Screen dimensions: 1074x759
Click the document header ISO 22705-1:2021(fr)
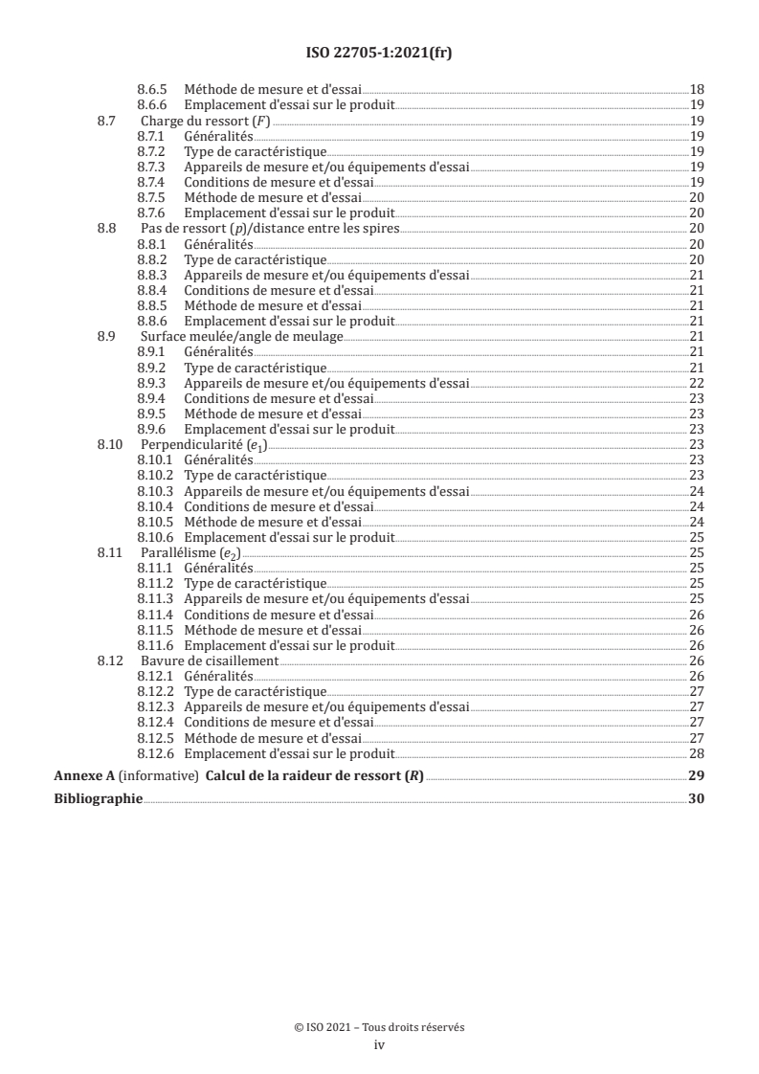(x=379, y=54)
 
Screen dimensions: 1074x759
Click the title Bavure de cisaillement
(x=210, y=660)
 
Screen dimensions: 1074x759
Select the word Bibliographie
(x=99, y=798)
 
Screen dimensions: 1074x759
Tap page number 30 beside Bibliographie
(x=697, y=798)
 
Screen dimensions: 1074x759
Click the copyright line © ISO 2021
(x=379, y=1028)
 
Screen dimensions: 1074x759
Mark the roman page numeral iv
(x=379, y=1045)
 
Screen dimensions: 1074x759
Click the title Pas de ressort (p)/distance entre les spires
(x=269, y=229)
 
